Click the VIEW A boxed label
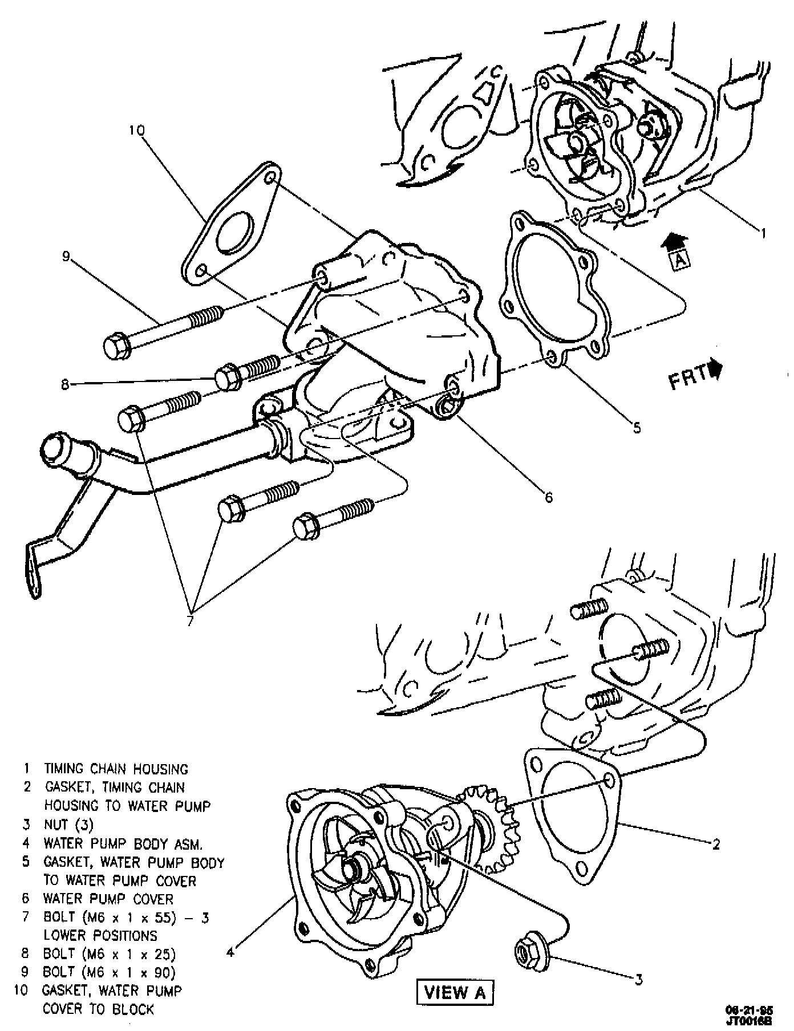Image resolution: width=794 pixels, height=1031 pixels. pos(455,992)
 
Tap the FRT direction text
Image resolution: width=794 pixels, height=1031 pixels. pos(687,379)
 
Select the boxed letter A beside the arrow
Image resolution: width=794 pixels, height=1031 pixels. pos(680,261)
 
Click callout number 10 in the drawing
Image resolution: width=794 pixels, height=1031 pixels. pos(137,131)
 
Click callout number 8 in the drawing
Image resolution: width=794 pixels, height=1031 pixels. pos(66,385)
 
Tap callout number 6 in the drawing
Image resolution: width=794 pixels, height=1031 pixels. pos(549,498)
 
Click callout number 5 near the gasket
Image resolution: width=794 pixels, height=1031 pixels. pos(637,427)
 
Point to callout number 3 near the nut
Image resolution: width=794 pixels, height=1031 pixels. pos(639,979)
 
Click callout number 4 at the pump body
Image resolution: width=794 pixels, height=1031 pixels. pos(231,951)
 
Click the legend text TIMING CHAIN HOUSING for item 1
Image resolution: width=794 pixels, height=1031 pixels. pos(116,769)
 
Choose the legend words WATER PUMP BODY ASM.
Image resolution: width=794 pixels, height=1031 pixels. pos(123,843)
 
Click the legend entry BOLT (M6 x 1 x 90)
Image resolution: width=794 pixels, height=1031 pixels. pos(109,972)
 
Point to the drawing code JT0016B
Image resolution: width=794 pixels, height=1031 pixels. pos(748,1022)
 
